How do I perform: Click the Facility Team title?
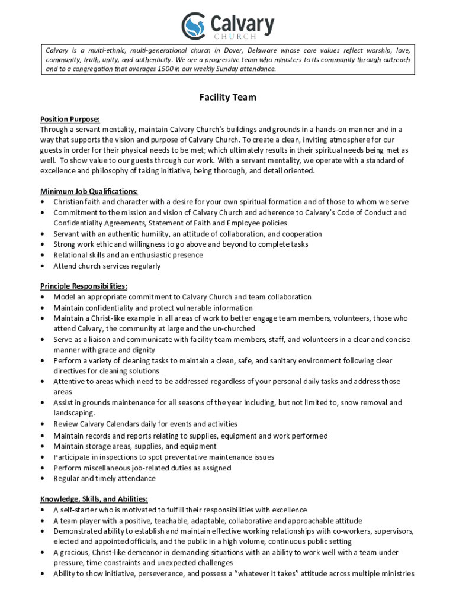point(227,97)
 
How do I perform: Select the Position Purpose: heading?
point(70,119)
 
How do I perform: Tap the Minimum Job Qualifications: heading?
point(89,191)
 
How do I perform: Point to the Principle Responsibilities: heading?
point(84,286)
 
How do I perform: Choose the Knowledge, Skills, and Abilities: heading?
point(94,499)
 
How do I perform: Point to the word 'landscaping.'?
point(74,413)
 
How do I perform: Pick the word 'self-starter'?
point(80,510)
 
